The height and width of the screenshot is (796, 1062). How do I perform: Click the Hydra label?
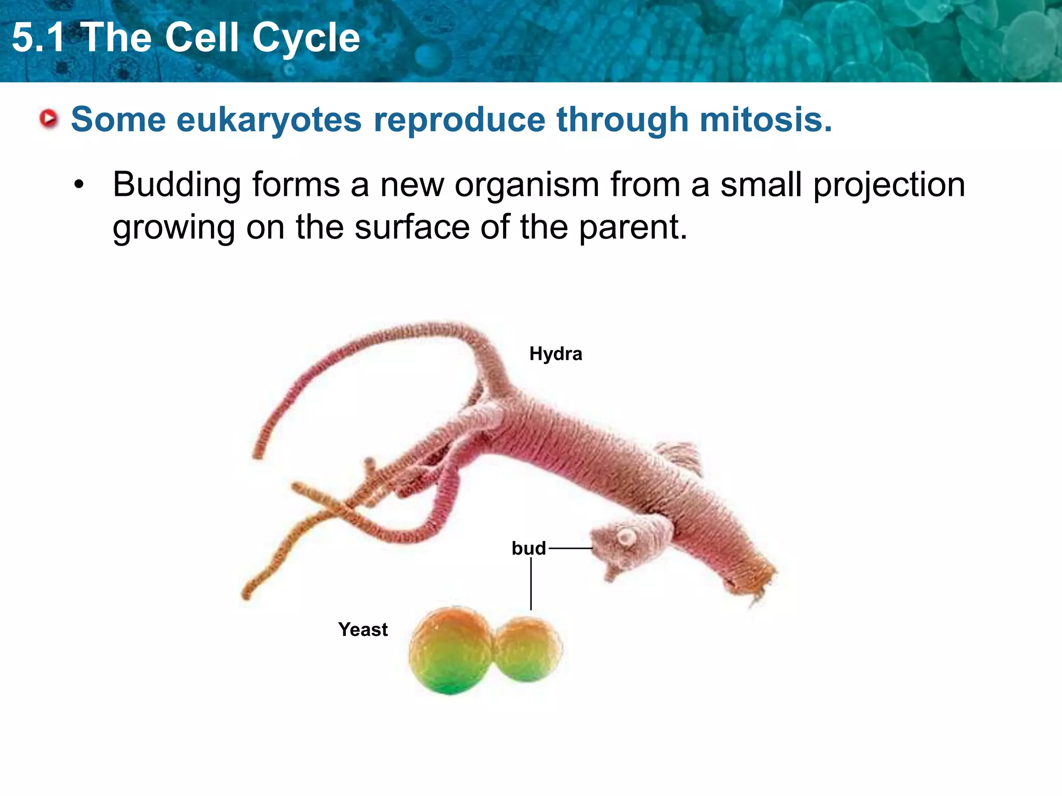point(555,354)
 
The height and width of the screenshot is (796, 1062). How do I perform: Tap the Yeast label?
point(362,630)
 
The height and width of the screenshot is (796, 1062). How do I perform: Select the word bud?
point(528,548)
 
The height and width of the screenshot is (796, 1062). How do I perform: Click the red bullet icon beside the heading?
point(49,119)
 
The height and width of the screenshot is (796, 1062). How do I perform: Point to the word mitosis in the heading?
point(765,120)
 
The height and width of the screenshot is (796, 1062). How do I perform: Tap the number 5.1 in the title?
point(38,38)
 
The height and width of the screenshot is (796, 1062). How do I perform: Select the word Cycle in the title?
point(306,38)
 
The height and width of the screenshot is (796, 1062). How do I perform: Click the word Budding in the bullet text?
point(177,185)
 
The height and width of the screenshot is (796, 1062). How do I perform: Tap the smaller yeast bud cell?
point(528,649)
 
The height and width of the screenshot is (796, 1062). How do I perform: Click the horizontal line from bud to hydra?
point(570,548)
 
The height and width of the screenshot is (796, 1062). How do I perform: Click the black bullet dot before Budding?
point(79,185)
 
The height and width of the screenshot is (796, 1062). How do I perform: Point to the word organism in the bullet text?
point(526,185)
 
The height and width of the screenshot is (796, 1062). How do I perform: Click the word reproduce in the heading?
point(459,120)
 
